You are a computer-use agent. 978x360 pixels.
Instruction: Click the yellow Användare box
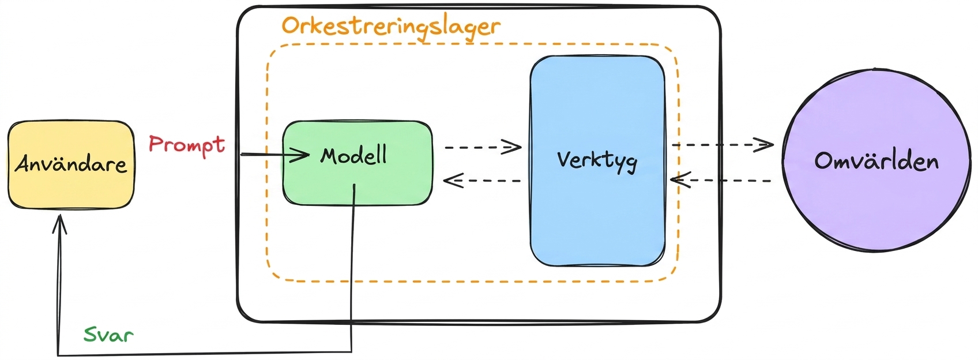(x=71, y=164)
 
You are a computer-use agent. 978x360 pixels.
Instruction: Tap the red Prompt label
(x=187, y=144)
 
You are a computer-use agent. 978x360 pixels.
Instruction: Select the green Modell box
(x=358, y=163)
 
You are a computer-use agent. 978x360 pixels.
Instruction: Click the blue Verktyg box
(x=598, y=161)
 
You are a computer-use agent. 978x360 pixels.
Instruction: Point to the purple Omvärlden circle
(x=877, y=159)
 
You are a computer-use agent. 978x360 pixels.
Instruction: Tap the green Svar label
(x=108, y=335)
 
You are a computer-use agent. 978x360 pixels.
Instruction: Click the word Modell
(x=353, y=156)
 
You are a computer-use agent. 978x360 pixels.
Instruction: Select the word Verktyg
(x=597, y=162)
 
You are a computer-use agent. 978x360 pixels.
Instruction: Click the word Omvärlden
(x=877, y=161)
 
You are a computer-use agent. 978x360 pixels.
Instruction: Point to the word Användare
(x=71, y=164)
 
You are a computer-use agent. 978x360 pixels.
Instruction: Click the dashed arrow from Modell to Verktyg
(x=483, y=147)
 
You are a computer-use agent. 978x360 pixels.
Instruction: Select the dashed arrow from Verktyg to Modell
(x=482, y=180)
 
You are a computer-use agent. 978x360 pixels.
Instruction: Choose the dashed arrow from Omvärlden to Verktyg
(x=721, y=180)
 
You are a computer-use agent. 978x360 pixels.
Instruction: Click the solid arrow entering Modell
(x=274, y=155)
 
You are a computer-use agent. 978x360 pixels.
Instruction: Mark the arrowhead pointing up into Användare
(x=59, y=224)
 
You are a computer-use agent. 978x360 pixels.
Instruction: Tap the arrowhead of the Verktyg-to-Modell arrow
(x=453, y=180)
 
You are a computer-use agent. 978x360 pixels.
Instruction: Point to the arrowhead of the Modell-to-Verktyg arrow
(x=511, y=147)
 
